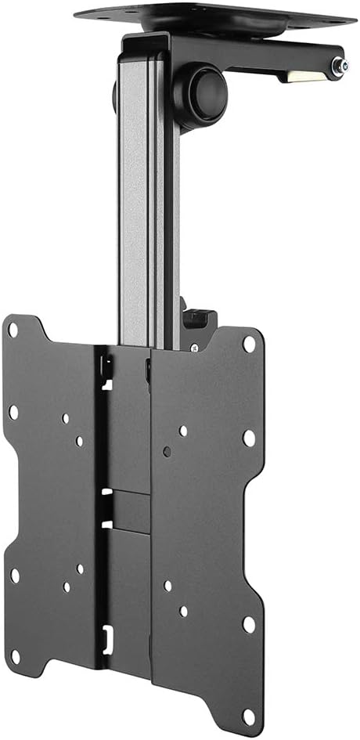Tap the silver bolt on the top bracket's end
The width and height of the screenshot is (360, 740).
coord(339,68)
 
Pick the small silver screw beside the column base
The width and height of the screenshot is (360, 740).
coord(194,345)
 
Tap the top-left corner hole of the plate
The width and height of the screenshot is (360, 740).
coord(13,330)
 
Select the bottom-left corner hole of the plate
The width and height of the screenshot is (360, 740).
coord(15,576)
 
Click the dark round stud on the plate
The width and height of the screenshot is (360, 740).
coord(167,451)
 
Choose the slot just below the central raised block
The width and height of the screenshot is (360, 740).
coord(107,523)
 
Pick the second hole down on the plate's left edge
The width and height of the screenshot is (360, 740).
coord(13,410)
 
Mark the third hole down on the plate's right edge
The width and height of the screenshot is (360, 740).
coord(249,624)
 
